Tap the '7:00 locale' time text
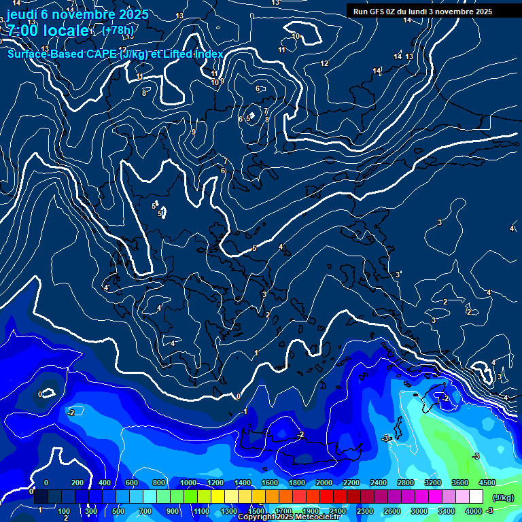[48, 31]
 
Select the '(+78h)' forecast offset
[118, 30]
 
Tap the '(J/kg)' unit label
[502, 498]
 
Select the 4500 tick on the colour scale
[487, 483]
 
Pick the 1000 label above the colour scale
[188, 483]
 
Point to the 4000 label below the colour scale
[474, 511]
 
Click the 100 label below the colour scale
[64, 511]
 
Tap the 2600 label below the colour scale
[392, 511]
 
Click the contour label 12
[324, 63]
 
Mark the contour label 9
[194, 132]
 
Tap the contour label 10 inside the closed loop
[296, 36]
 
